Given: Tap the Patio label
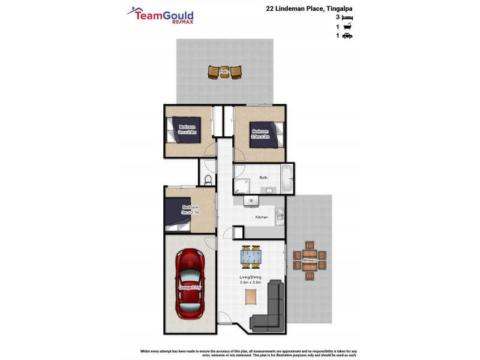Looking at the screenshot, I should click(224, 72).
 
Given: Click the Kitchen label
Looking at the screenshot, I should click(262, 217).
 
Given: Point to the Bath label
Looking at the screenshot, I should click(263, 178).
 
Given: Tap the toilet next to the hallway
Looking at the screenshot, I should click(208, 180).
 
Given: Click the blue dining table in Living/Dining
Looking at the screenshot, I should click(251, 257).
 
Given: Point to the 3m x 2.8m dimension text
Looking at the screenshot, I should click(187, 132).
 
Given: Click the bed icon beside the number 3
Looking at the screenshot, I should click(347, 18).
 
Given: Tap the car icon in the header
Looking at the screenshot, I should click(347, 36).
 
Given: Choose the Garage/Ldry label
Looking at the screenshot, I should click(189, 288).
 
